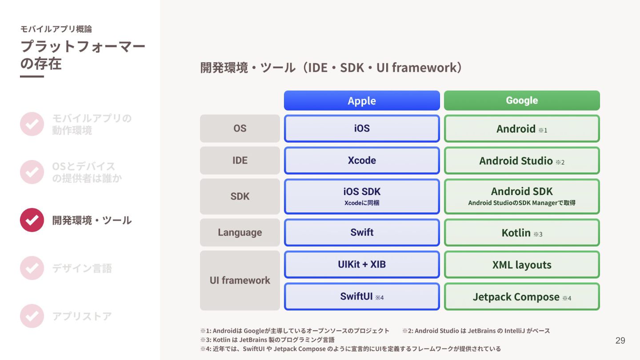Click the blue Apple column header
(362, 100)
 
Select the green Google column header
(522, 100)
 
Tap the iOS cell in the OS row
(362, 128)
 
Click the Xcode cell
(362, 160)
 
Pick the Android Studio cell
(522, 160)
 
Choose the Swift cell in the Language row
(362, 232)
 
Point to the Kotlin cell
(522, 232)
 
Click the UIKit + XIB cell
(362, 264)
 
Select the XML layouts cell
(522, 264)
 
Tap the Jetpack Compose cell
(522, 296)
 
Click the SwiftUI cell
(362, 296)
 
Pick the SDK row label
(240, 196)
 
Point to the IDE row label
(240, 160)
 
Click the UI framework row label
(240, 280)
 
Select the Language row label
(240, 232)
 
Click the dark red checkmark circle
(32, 220)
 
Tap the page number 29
(620, 340)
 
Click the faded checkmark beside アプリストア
(32, 316)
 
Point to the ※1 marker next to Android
(543, 130)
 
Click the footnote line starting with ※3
(267, 340)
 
